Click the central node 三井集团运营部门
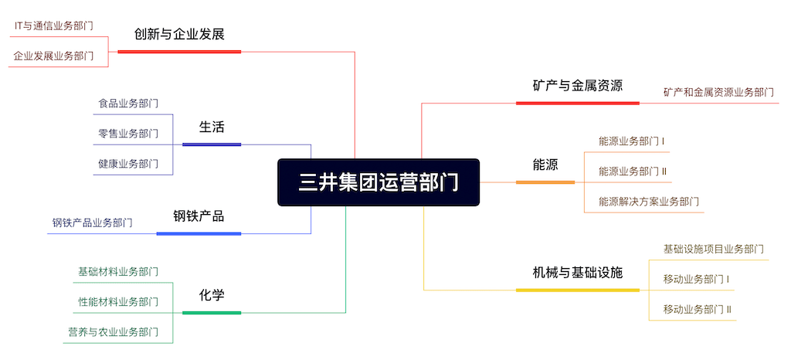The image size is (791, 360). (x=379, y=182)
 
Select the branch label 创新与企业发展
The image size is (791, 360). (x=179, y=34)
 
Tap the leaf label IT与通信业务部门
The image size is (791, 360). (x=53, y=26)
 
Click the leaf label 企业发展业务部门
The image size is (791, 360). (x=53, y=56)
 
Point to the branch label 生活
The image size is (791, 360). (x=212, y=127)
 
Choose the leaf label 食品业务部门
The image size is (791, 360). (x=128, y=104)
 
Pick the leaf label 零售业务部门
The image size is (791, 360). (x=128, y=134)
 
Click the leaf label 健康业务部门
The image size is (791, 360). (x=128, y=163)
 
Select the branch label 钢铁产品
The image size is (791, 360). (x=199, y=216)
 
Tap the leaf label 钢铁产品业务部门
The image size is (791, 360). (x=93, y=222)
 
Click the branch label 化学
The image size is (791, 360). (x=212, y=295)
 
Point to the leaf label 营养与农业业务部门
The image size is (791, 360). (x=114, y=331)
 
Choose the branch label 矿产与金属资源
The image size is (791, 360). (x=578, y=86)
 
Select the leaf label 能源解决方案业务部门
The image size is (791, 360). (x=649, y=202)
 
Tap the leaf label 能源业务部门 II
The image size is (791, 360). (x=633, y=172)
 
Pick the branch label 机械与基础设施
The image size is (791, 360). (x=578, y=273)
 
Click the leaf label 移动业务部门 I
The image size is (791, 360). (x=697, y=279)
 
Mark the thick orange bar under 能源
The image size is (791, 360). (x=545, y=182)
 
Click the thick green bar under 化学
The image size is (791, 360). (x=212, y=313)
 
